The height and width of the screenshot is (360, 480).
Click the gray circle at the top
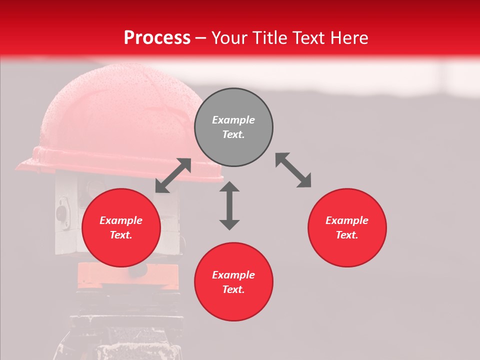(233, 127)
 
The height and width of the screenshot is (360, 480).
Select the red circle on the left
(121, 227)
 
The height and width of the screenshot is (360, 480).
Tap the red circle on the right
(347, 227)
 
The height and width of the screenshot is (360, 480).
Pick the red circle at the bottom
(233, 281)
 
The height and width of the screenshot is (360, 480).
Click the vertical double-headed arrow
(229, 205)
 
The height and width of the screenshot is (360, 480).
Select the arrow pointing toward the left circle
(173, 175)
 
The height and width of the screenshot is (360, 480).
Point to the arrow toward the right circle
(293, 170)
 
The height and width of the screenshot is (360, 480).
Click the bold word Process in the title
(157, 37)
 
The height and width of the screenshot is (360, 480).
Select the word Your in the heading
(230, 37)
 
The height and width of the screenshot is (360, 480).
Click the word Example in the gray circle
(233, 120)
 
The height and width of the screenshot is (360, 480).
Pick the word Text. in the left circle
(121, 235)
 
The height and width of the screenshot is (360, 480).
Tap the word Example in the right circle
(347, 220)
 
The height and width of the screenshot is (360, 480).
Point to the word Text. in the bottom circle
(233, 289)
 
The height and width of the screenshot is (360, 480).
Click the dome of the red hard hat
(110, 110)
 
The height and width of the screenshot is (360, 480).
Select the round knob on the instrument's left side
(61, 213)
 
